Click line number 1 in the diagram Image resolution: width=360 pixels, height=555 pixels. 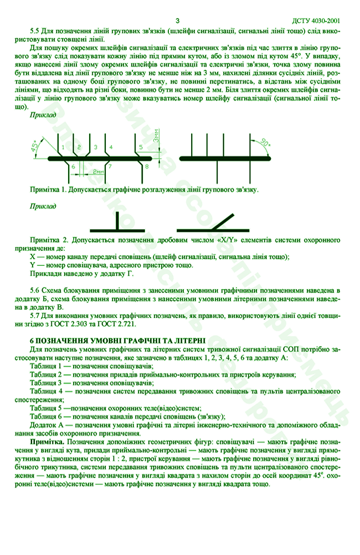point(63,147)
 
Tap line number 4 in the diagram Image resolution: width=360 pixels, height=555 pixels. point(111,147)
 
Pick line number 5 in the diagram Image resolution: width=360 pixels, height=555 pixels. point(141,147)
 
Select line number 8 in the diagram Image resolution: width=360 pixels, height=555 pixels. point(147,166)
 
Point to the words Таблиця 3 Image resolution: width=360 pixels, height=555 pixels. point(45,383)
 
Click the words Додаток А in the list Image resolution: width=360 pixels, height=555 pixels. point(47,425)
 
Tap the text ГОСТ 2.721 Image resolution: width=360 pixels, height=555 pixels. point(117,323)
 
